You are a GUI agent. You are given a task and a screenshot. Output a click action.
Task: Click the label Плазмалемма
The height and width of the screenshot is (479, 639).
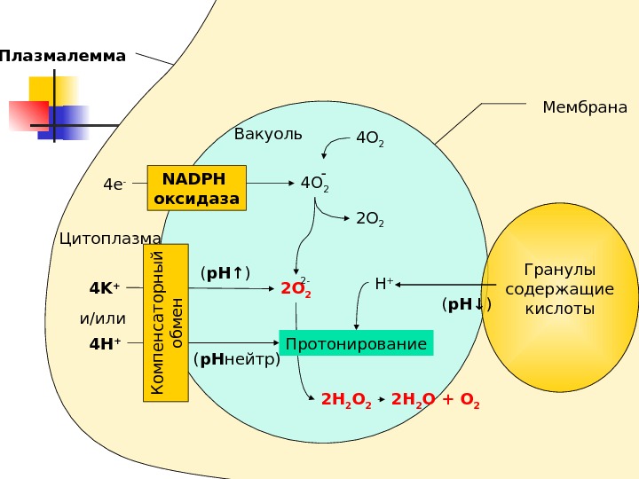point(63,57)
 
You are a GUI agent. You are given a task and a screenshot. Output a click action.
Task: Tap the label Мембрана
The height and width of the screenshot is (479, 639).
point(584,108)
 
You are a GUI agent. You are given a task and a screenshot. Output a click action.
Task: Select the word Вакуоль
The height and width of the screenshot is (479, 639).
point(268,135)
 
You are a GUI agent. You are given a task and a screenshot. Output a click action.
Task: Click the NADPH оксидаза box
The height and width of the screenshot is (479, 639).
point(196,187)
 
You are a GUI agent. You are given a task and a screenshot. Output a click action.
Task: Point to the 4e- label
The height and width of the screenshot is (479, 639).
point(115,185)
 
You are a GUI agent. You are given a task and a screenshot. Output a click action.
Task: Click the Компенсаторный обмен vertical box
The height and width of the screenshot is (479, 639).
point(166,323)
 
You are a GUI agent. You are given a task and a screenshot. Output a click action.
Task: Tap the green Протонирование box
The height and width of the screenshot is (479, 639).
point(357,343)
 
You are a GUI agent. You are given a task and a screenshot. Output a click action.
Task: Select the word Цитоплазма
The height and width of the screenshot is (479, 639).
point(110,239)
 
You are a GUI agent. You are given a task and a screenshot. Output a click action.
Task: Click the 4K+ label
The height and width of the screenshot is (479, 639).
point(105,288)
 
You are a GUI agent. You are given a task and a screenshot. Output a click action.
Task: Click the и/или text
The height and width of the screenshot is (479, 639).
point(103,317)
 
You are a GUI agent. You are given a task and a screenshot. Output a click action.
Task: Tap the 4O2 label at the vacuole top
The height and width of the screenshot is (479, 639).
point(369,139)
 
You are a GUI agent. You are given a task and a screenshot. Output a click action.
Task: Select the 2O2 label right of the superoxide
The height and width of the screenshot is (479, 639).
point(369,219)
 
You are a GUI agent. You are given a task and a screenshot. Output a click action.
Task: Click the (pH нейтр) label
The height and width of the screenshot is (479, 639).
point(236,359)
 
